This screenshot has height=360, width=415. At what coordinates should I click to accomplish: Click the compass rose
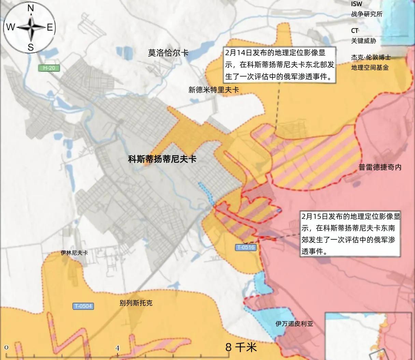tap(31, 28)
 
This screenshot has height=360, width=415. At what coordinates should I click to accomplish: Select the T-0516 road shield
tap(246, 247)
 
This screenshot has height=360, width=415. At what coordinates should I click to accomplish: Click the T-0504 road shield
tap(83, 306)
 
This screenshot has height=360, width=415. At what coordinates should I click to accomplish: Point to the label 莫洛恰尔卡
tap(168, 53)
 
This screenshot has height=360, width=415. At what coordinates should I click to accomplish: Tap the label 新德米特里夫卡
tap(214, 90)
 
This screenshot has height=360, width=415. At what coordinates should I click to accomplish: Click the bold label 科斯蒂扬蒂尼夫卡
tap(162, 159)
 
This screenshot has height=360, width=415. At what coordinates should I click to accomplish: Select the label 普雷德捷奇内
tap(380, 167)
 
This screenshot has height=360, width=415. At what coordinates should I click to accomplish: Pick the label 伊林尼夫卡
tap(74, 253)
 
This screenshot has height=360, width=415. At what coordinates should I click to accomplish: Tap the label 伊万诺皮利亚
tap(294, 324)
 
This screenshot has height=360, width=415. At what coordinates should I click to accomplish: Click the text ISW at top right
tap(357, 4)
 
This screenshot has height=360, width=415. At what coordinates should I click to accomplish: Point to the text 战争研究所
tap(367, 14)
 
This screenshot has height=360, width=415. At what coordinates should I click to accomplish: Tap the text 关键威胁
tap(363, 41)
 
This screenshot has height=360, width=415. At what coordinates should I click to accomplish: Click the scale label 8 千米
tap(241, 347)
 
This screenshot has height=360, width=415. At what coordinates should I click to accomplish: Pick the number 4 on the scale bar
tap(117, 348)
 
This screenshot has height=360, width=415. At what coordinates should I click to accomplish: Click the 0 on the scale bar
tap(7, 347)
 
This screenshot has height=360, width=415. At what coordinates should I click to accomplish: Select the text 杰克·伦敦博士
tap(371, 57)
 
